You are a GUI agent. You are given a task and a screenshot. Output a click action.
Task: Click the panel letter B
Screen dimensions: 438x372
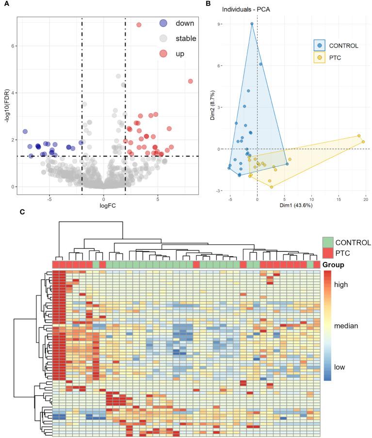coord(208,4)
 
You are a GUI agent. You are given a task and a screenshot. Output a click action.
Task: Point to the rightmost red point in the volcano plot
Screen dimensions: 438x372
coord(190,81)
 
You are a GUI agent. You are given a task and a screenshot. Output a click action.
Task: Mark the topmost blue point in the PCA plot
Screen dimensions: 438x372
coord(252,24)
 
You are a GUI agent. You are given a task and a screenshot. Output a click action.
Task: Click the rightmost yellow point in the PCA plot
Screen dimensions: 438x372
coord(363,142)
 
